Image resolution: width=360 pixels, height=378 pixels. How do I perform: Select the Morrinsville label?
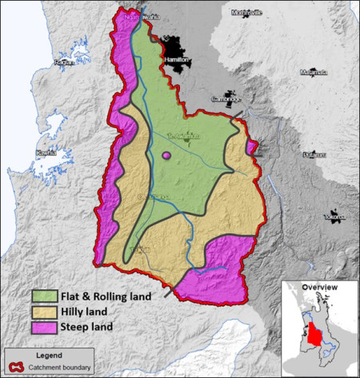pyautogui.click(x=246, y=13)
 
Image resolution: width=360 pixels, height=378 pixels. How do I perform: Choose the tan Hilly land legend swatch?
pyautogui.click(x=42, y=312)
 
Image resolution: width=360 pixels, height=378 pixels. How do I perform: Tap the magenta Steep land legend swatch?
pyautogui.click(x=42, y=326)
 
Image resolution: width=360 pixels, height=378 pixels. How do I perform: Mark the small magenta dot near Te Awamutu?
pyautogui.click(x=166, y=155)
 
